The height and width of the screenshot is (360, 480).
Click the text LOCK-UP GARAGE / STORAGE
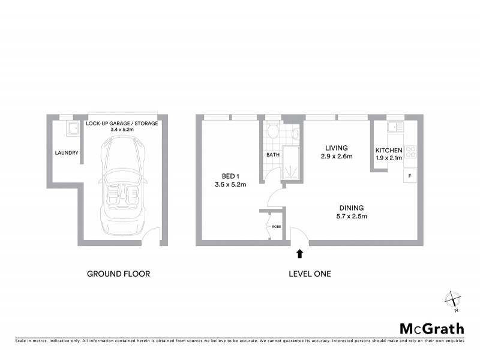(122, 123)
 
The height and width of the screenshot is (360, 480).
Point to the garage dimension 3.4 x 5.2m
(122, 130)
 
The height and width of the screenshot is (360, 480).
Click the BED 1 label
(230, 176)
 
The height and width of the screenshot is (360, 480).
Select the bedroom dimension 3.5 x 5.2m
(230, 185)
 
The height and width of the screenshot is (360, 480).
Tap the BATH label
(272, 155)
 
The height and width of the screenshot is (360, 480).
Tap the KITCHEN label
(388, 150)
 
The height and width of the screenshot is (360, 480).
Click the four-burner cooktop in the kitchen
(410, 152)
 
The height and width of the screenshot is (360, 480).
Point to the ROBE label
(276, 227)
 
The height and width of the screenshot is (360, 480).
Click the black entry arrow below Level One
(299, 254)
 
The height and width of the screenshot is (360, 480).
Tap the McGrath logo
(432, 328)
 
